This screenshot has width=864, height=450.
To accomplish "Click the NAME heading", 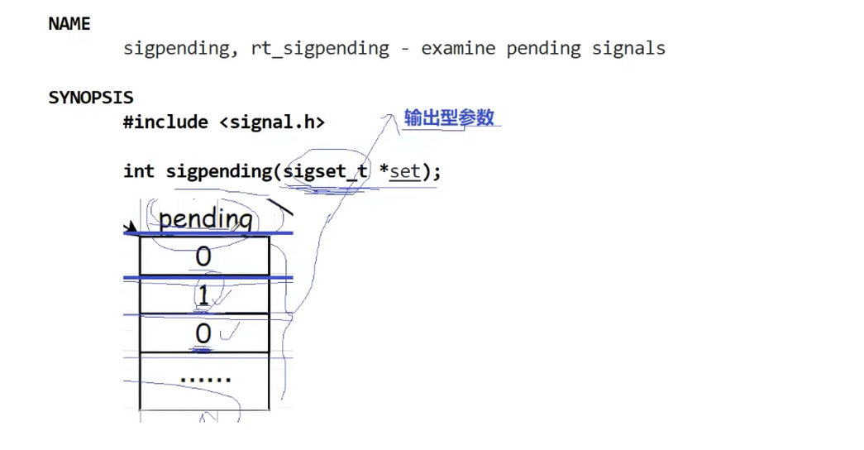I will [69, 24].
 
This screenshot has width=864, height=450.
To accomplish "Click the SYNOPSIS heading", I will [91, 98].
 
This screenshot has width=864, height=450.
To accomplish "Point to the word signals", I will [628, 48].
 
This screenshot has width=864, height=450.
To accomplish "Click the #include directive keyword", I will [166, 122].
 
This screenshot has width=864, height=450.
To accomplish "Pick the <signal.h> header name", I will [272, 122].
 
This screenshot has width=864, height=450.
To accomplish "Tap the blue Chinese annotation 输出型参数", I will [450, 117].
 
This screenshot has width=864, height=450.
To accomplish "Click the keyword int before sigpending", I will [139, 171].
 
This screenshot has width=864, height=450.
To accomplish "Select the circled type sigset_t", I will [325, 172].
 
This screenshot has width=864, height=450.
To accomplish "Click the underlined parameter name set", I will [405, 172].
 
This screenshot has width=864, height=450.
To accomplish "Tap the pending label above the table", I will [205, 219].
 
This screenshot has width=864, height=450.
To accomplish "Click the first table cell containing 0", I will [203, 257].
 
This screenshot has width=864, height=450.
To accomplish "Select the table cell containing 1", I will [203, 296].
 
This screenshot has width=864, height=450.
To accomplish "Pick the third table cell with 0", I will [203, 333].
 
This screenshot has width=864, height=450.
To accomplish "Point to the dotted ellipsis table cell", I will [205, 380].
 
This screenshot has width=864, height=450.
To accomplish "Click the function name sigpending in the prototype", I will [219, 171].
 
